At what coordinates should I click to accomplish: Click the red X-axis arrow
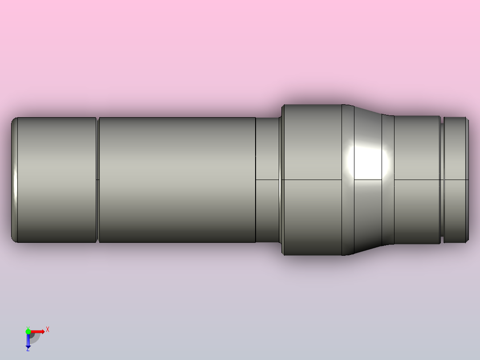click(x=37, y=331)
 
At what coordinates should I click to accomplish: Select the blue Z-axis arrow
click(x=28, y=341)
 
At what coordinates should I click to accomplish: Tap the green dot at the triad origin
click(x=28, y=331)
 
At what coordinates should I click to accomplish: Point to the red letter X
click(x=48, y=330)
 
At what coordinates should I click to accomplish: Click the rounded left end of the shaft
click(x=14, y=180)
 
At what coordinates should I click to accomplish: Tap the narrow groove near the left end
click(x=98, y=180)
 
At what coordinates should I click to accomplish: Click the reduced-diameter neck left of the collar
click(x=267, y=180)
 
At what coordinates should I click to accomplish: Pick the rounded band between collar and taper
click(x=347, y=214)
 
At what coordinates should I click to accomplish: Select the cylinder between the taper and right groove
click(x=417, y=200)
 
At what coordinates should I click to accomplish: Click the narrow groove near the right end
click(x=442, y=180)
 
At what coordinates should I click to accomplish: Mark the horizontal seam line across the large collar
click(x=312, y=180)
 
